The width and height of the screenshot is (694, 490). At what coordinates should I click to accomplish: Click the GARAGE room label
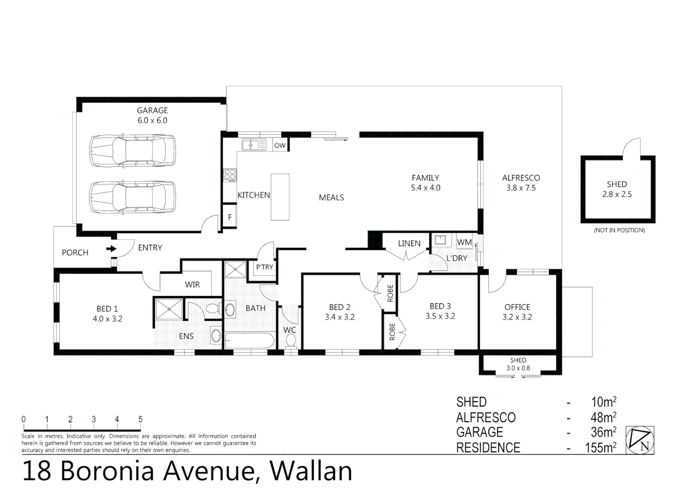(x=152, y=110)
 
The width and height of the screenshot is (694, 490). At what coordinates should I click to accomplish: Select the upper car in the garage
(x=132, y=151)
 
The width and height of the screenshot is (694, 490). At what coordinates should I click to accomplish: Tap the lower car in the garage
(x=132, y=197)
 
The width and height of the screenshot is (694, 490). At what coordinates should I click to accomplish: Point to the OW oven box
(x=280, y=145)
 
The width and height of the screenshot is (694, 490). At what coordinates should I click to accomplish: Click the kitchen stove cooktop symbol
(x=230, y=175)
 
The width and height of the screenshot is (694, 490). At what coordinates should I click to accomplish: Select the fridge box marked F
(x=230, y=217)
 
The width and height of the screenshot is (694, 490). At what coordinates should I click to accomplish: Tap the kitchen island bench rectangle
(x=280, y=197)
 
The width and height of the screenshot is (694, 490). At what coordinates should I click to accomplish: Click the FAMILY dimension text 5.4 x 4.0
(x=425, y=188)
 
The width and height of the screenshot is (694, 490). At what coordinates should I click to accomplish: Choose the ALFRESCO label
(x=521, y=178)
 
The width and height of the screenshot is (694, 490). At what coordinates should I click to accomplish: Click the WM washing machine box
(x=464, y=242)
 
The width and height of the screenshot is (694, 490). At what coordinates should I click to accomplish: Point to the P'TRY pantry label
(x=264, y=267)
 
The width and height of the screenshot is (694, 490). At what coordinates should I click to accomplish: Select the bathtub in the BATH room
(x=250, y=340)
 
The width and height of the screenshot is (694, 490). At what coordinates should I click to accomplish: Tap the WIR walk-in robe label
(x=192, y=284)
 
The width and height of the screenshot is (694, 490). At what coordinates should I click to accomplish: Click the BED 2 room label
(x=340, y=307)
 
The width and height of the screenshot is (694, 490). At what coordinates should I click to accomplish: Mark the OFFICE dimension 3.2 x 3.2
(x=517, y=317)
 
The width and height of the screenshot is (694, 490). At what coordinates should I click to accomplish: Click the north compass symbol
(x=640, y=440)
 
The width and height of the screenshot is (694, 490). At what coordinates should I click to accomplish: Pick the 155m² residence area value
(x=600, y=448)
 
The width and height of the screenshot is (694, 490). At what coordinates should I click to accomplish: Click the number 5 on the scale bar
(x=140, y=419)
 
